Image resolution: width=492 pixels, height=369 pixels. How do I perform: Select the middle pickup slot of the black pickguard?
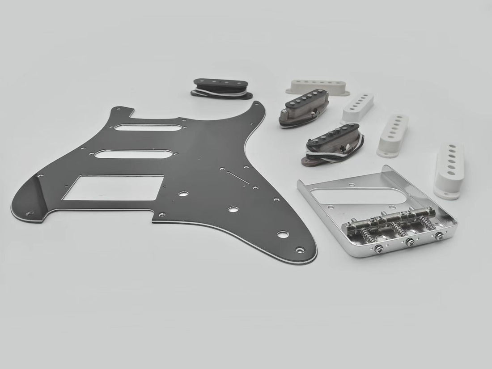[121, 154]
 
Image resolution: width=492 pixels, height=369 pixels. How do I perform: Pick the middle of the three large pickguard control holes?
[233, 209]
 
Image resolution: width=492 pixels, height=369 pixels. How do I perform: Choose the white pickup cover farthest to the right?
[449, 169]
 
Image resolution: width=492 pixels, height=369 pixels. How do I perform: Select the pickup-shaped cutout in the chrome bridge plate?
[342, 194]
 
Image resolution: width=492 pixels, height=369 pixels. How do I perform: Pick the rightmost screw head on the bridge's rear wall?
[442, 236]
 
